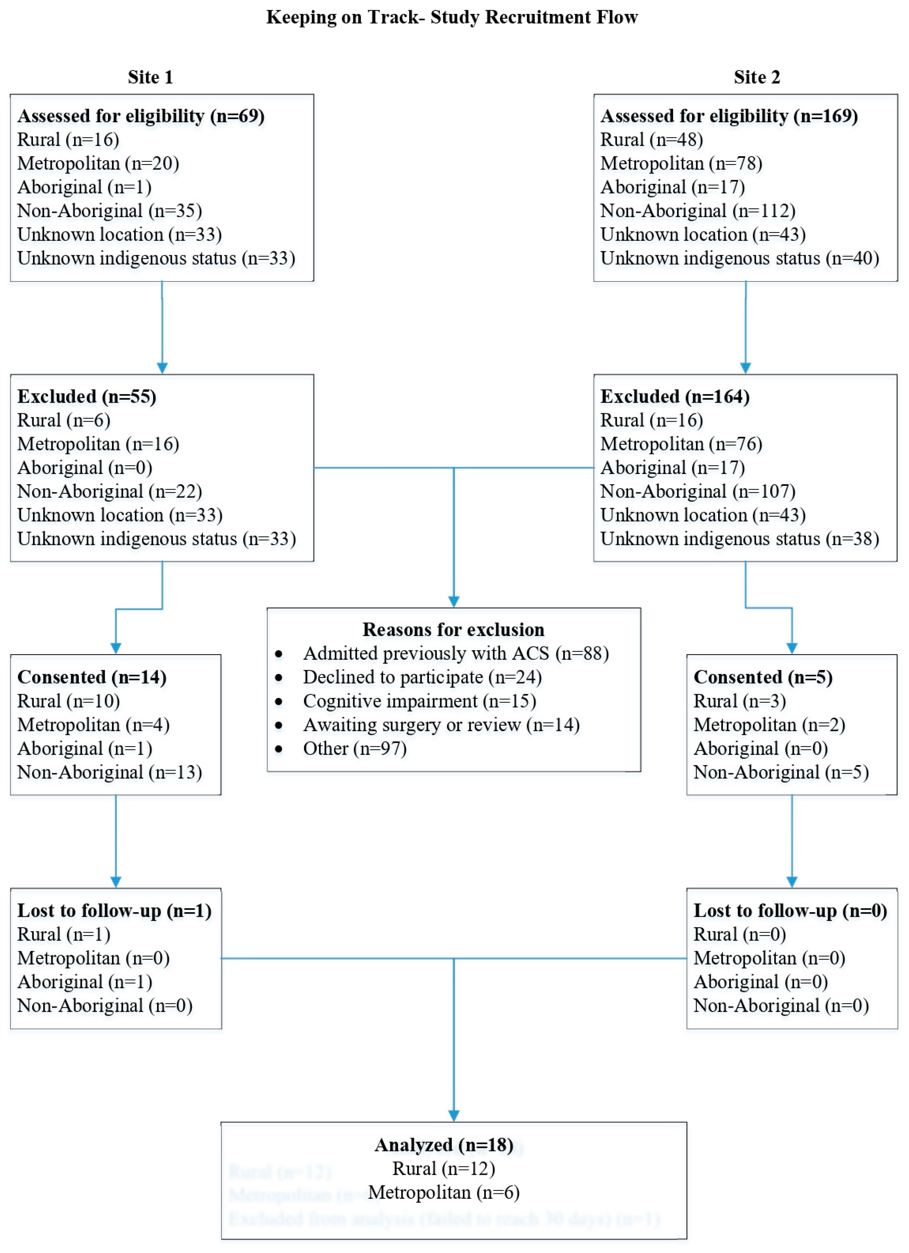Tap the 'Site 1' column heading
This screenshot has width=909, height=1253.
[150, 77]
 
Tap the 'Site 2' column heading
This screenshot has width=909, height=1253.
[757, 77]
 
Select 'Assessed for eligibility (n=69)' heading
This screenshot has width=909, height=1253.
[141, 116]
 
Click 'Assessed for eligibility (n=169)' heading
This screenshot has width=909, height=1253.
[729, 116]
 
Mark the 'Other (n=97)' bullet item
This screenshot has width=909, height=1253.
[354, 749]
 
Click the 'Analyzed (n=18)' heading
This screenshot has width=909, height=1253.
[444, 1145]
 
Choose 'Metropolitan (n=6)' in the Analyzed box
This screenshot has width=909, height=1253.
[444, 1192]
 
